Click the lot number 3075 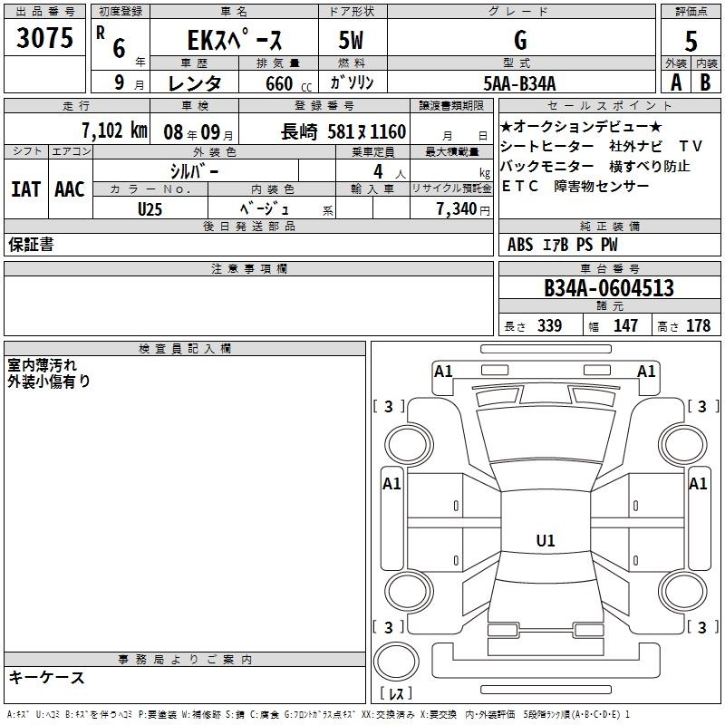tap(44, 37)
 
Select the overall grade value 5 tap(691, 41)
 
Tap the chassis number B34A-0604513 tap(609, 288)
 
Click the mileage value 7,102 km tap(114, 130)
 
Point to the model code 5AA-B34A tap(519, 83)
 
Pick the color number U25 tap(150, 209)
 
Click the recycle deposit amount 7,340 tap(457, 209)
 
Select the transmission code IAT tap(25, 189)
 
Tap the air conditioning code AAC tap(70, 189)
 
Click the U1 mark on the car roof tap(546, 540)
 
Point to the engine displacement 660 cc tap(288, 83)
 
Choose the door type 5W tap(351, 40)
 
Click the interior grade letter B tap(705, 82)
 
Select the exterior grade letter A tap(676, 82)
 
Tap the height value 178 tap(698, 325)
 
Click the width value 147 tap(625, 325)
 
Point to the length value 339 tap(550, 325)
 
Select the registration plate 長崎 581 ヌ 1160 tap(343, 131)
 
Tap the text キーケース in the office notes tap(47, 677)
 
